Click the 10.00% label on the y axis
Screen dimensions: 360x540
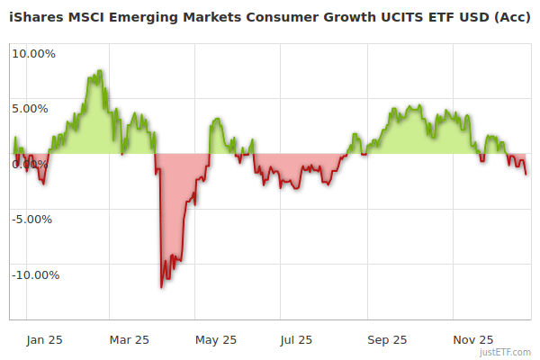point(33,53)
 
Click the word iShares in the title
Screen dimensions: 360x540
point(37,16)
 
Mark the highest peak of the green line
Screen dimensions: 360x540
point(99,70)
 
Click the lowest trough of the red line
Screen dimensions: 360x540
point(162,287)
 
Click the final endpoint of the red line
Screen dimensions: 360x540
point(526,175)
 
